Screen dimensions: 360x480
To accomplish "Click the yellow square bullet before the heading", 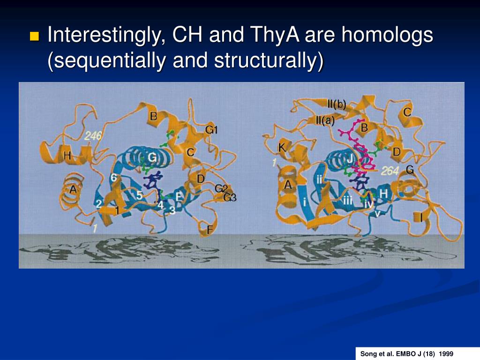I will click(34, 37).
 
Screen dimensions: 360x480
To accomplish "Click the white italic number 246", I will click(93, 136).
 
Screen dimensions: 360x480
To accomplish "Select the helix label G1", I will click(212, 130).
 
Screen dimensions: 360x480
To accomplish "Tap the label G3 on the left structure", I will click(230, 197).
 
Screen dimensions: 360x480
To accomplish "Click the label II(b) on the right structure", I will click(337, 105).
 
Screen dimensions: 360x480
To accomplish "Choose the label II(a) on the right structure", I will click(325, 120).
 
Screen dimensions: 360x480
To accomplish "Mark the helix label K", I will click(282, 149).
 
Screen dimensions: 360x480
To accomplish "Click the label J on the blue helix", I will click(349, 159).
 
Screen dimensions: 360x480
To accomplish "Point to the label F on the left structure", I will click(210, 230).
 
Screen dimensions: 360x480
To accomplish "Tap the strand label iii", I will click(347, 200).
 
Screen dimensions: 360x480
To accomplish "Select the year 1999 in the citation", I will click(446, 353).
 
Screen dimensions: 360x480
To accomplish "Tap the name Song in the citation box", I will click(368, 353).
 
